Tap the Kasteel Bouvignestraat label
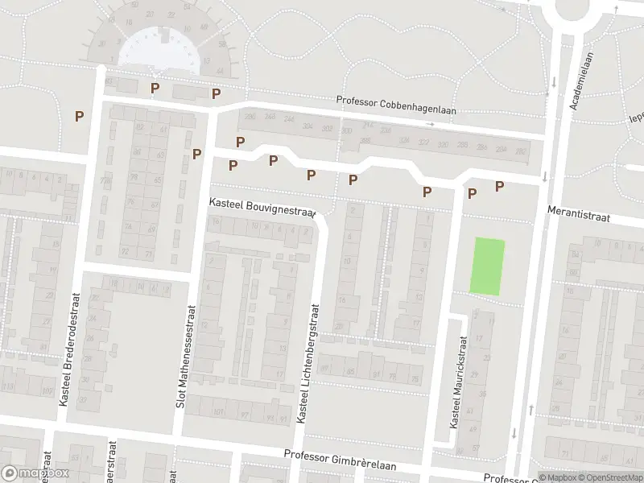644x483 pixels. coord(261,207)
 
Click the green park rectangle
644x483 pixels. coord(487,266)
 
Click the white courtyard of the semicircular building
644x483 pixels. coord(159,50)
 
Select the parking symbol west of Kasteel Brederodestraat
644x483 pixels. coord(79,116)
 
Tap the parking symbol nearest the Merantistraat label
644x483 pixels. coord(499,186)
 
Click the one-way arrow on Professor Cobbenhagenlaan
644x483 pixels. coord(431,125)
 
